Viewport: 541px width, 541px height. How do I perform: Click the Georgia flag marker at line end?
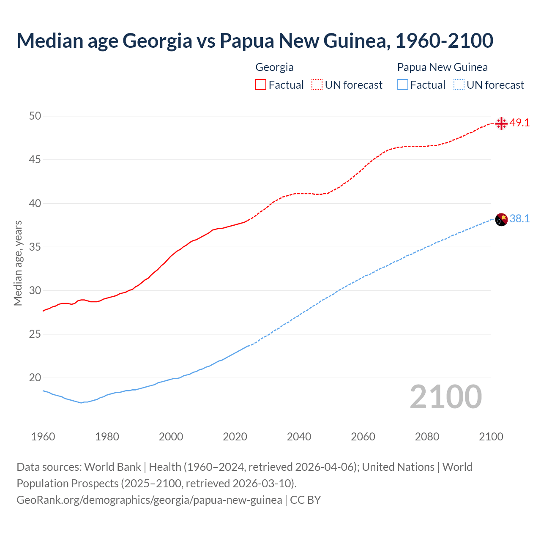click(501, 123)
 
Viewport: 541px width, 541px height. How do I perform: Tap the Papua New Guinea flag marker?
click(501, 220)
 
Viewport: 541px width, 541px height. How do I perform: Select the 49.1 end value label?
click(519, 123)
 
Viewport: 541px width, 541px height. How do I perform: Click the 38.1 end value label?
click(519, 219)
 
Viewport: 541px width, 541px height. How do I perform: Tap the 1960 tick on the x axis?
click(43, 437)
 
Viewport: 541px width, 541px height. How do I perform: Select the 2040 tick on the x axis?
click(299, 437)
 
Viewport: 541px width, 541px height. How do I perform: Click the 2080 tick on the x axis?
click(427, 437)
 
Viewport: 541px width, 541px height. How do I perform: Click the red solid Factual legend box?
click(261, 85)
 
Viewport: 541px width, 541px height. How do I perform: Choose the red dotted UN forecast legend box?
click(317, 85)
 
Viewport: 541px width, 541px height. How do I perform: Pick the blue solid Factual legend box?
click(403, 85)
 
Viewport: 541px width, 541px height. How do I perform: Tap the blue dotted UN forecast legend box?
click(459, 85)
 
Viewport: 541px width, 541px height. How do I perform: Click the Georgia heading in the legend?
click(274, 67)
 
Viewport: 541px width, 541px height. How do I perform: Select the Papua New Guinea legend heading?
click(442, 67)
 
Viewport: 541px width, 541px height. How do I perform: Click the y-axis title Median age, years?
click(18, 263)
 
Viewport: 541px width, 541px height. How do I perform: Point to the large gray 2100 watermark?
click(445, 397)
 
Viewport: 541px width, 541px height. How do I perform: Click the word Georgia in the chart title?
click(157, 41)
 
